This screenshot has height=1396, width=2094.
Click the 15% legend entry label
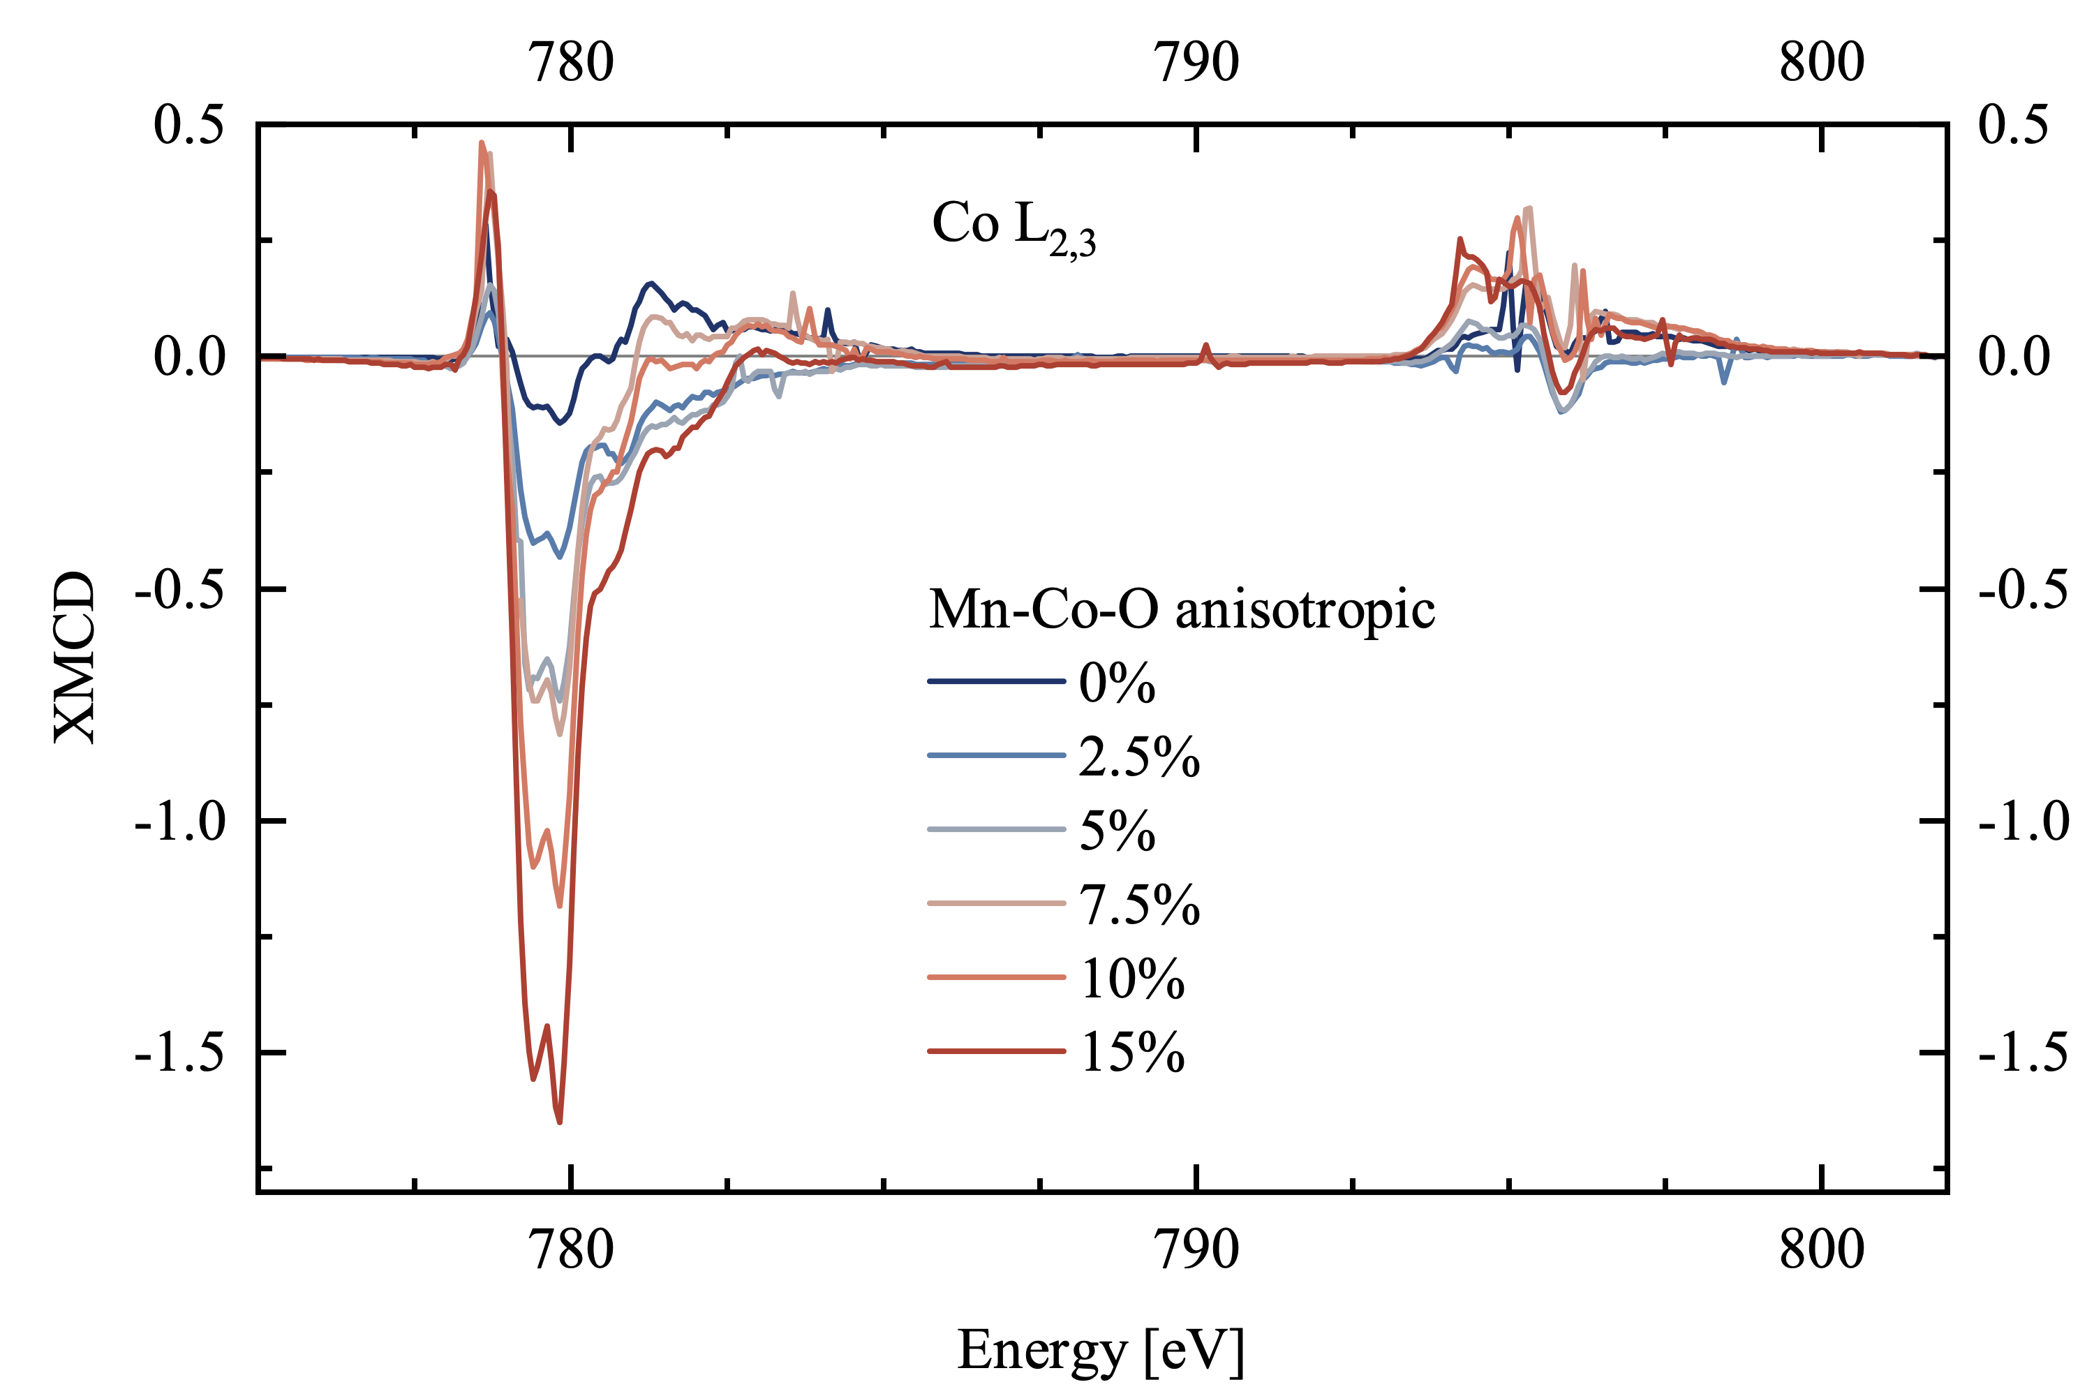pyautogui.click(x=1132, y=1053)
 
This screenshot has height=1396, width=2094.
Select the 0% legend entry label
pyautogui.click(x=1117, y=684)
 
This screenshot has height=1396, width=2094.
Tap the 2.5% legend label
pyautogui.click(x=1140, y=757)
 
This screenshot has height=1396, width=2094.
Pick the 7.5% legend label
pyautogui.click(x=1140, y=905)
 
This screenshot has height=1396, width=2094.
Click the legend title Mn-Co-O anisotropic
pyautogui.click(x=1182, y=611)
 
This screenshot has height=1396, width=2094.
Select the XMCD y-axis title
pyautogui.click(x=75, y=657)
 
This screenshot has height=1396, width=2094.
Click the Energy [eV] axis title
pyautogui.click(x=1101, y=1350)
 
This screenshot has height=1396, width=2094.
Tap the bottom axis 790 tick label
pyautogui.click(x=1196, y=1249)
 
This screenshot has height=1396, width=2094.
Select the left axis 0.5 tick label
pyautogui.click(x=188, y=125)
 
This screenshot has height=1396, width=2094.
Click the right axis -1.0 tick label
pyautogui.click(x=2023, y=820)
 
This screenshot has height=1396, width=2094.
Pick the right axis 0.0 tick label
pyautogui.click(x=2014, y=356)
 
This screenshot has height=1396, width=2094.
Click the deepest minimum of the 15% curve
pyautogui.click(x=559, y=1122)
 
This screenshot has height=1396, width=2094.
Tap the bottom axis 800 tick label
pyautogui.click(x=1822, y=1249)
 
